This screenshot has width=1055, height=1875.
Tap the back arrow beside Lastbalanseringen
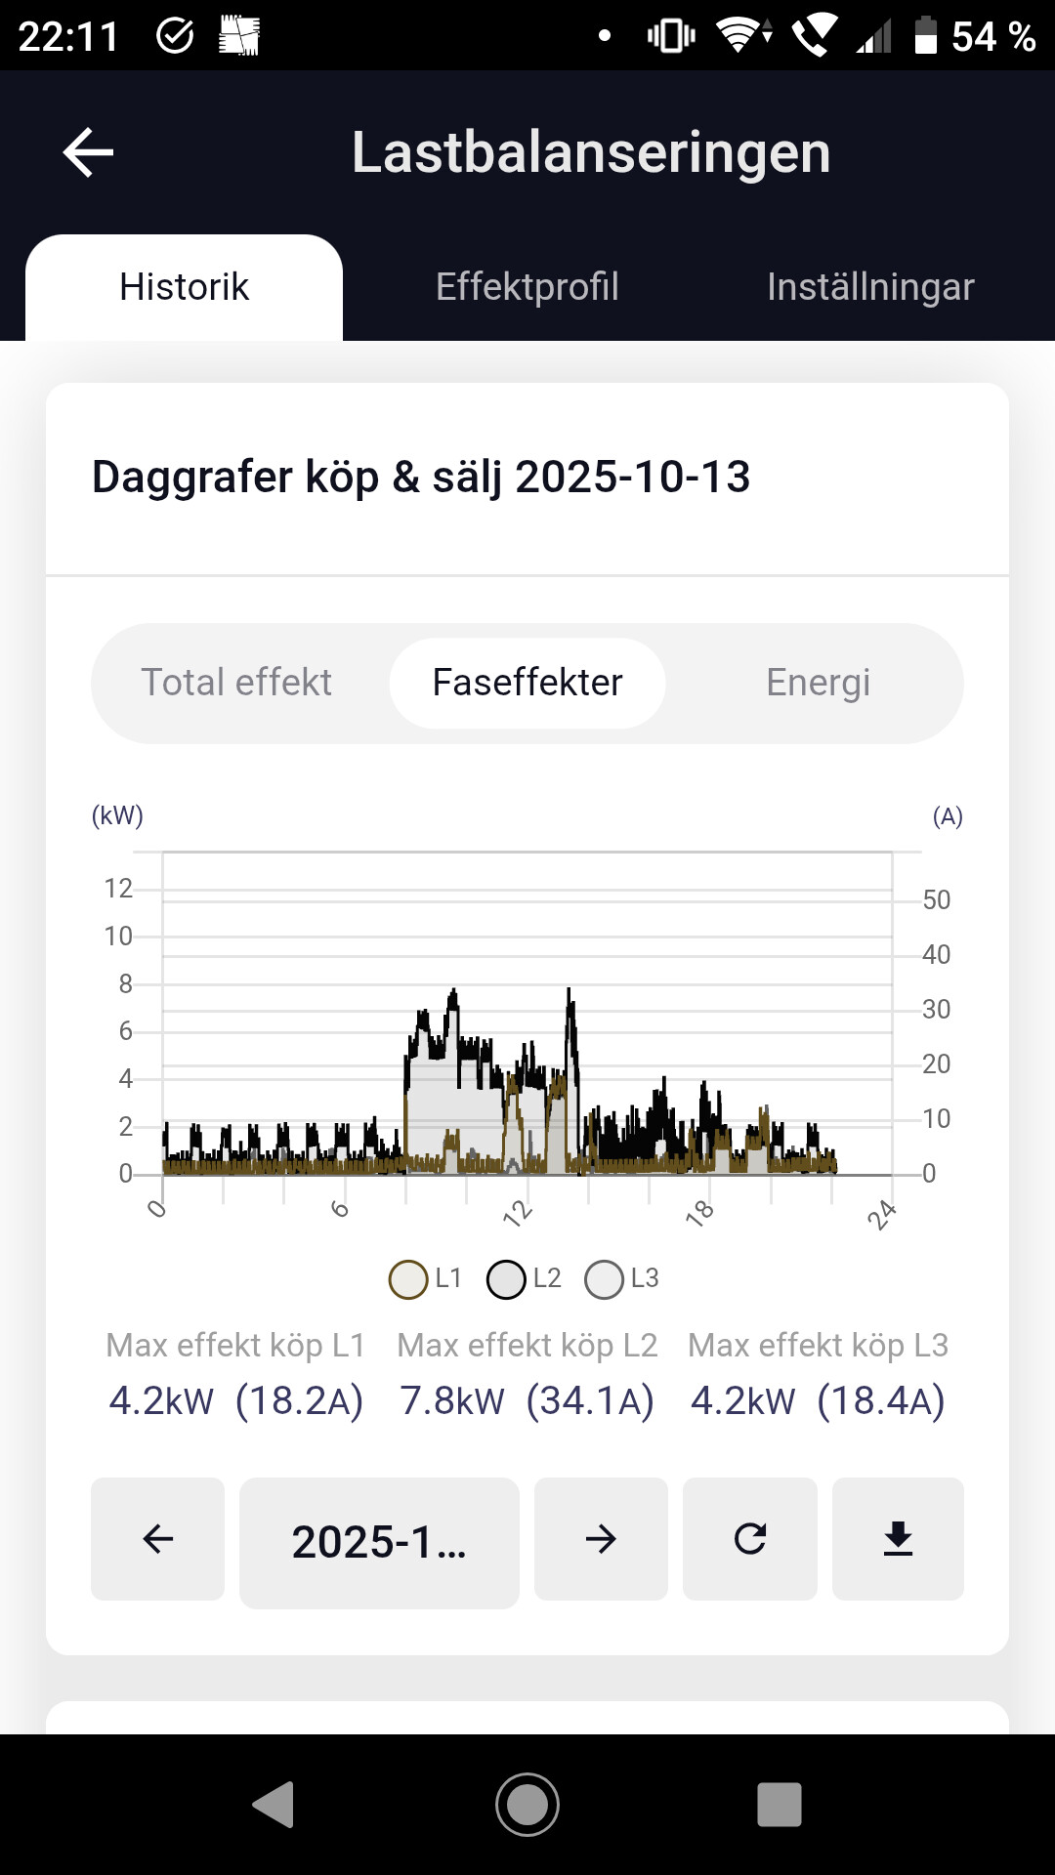click(x=88, y=152)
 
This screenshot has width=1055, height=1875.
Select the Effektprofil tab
click(x=527, y=287)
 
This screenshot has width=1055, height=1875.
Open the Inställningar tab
click(x=870, y=287)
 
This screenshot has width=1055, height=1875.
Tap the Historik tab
click(x=184, y=287)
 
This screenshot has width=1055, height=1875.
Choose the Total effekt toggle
click(x=236, y=683)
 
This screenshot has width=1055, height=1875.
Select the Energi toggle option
click(x=818, y=683)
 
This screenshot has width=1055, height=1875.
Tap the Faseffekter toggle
click(x=527, y=683)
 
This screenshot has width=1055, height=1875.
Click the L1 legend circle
click(x=408, y=1279)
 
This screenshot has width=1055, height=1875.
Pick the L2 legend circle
click(x=506, y=1279)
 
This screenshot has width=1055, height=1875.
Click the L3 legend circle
click(x=604, y=1279)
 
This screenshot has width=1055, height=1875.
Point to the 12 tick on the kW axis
click(x=118, y=889)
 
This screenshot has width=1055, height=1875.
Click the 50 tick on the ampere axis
click(x=936, y=899)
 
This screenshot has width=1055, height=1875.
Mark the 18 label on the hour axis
click(x=700, y=1213)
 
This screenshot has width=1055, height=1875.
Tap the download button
click(x=898, y=1539)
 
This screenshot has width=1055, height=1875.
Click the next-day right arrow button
click(x=601, y=1539)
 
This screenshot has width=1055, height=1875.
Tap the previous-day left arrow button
click(x=157, y=1539)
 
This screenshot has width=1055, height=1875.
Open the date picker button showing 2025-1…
click(x=379, y=1542)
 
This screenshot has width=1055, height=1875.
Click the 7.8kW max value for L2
click(x=452, y=1400)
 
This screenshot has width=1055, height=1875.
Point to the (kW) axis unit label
click(x=117, y=815)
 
